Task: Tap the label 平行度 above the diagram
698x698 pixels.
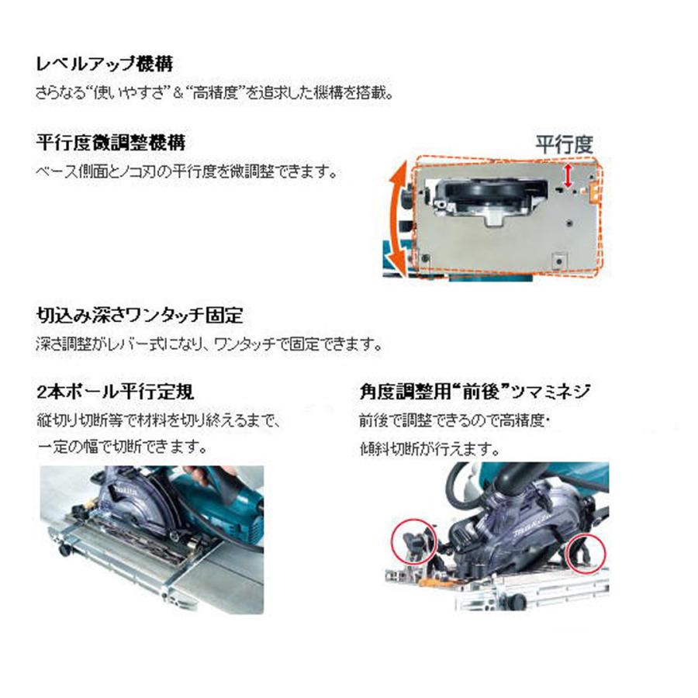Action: [x=565, y=143]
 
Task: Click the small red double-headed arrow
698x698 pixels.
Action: [x=571, y=174]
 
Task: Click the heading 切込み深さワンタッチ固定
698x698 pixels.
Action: [x=140, y=316]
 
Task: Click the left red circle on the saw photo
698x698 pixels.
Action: [x=410, y=541]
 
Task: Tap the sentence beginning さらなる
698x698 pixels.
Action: [x=214, y=93]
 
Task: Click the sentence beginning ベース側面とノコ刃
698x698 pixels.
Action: [x=186, y=170]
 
